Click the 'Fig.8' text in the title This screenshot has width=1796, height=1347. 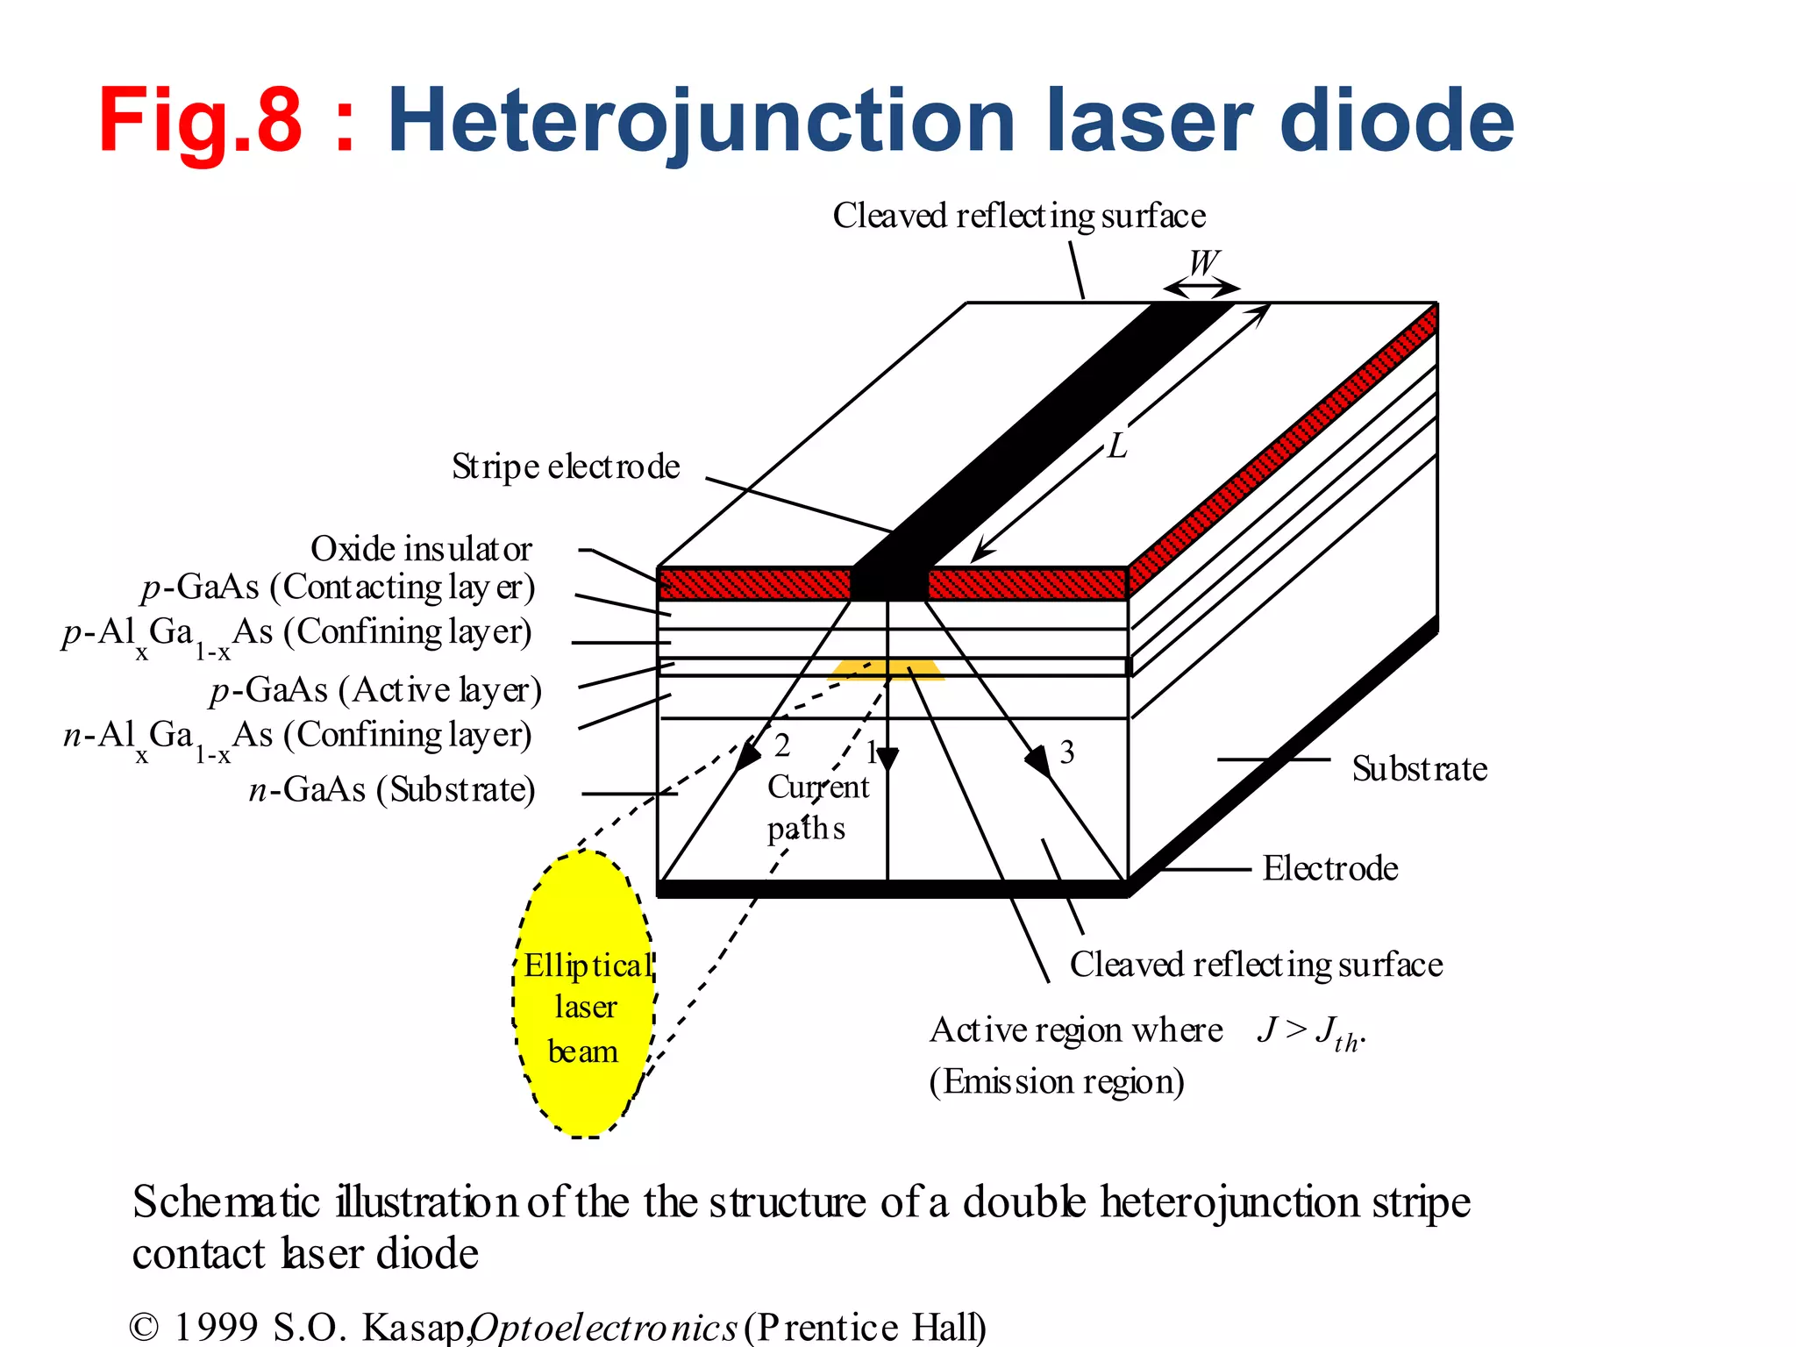point(200,121)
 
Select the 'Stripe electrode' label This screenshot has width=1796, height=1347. point(566,467)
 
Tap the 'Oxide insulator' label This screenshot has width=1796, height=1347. point(421,549)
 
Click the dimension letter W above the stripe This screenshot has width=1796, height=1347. point(1204,262)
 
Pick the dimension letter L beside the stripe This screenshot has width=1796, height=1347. point(1116,446)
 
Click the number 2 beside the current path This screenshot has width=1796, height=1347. point(782,745)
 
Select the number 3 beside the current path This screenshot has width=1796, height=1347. point(1066,752)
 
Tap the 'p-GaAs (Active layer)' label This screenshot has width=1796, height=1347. point(375,691)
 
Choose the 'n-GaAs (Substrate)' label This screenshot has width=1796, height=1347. point(392,790)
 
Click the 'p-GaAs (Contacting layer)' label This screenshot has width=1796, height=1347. point(338,588)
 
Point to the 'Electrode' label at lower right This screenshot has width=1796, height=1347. point(1329,868)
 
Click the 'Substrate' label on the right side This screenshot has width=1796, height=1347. point(1419,769)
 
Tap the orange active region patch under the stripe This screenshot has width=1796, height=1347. point(886,671)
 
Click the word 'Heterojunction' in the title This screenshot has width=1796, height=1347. point(701,121)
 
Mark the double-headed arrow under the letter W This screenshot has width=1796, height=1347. point(1201,288)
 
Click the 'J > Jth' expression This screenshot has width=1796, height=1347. point(1310,1031)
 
